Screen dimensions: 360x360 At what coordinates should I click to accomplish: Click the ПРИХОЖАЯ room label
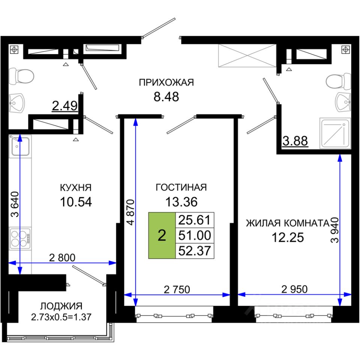[166, 82]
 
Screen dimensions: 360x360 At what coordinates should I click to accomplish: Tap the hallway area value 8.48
[166, 97]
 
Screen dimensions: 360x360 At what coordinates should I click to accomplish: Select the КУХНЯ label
[76, 187]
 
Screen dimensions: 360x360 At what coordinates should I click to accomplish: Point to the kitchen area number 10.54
[76, 202]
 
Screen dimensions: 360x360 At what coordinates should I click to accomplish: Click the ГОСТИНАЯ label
[181, 187]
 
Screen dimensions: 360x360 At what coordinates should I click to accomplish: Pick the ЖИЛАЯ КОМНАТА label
[288, 223]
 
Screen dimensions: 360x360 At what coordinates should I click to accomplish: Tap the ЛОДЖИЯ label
[61, 306]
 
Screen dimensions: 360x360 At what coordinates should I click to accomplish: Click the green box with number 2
[162, 235]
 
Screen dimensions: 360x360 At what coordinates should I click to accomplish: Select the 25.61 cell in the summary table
[195, 220]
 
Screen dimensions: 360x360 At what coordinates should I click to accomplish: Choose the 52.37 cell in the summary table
[195, 251]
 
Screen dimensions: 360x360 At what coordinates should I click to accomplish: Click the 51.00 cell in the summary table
[195, 235]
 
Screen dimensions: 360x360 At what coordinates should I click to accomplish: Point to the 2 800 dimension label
[62, 258]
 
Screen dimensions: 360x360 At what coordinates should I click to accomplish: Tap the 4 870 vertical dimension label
[130, 212]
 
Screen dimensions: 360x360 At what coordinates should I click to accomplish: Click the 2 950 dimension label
[295, 289]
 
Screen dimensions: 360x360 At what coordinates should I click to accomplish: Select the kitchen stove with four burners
[20, 238]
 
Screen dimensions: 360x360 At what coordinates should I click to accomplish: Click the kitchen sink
[20, 147]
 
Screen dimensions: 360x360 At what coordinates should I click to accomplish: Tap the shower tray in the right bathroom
[335, 133]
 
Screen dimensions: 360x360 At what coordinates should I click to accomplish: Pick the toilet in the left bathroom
[21, 76]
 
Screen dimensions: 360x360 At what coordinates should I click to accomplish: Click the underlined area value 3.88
[295, 141]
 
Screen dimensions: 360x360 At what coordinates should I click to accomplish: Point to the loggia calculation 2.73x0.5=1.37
[61, 317]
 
